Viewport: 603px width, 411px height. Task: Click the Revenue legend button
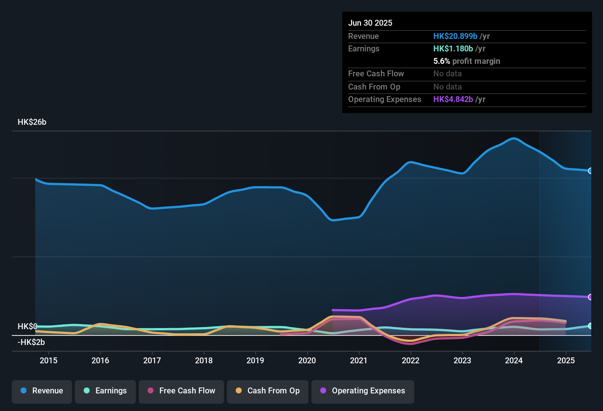(x=42, y=391)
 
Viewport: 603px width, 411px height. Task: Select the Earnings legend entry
(x=105, y=391)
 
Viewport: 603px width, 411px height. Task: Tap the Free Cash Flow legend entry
(x=181, y=391)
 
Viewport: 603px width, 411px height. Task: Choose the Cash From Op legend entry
(x=268, y=391)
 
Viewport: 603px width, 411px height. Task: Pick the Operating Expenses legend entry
(x=363, y=391)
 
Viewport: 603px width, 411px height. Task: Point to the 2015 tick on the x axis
(x=48, y=360)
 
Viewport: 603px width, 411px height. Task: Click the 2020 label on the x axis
(x=307, y=360)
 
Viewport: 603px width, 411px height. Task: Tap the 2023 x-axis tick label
(x=462, y=360)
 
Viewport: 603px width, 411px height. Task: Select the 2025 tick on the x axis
(x=566, y=360)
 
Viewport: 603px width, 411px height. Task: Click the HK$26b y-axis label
(x=32, y=122)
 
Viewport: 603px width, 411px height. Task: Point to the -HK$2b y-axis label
(x=31, y=342)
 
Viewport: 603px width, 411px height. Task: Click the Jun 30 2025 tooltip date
(x=370, y=23)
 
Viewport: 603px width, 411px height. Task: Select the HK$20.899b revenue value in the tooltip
(x=455, y=36)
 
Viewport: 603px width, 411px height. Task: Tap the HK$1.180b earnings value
(x=453, y=48)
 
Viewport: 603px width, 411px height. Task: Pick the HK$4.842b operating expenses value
(x=453, y=99)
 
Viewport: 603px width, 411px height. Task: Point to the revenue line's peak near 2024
(x=513, y=138)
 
